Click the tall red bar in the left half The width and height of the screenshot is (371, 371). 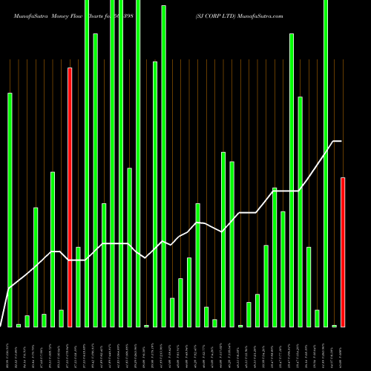click(70, 197)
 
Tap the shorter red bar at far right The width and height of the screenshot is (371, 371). click(343, 252)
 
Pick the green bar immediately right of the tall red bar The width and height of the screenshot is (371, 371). click(78, 286)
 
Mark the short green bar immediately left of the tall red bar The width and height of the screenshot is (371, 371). click(61, 318)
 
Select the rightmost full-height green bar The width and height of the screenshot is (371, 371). click(326, 163)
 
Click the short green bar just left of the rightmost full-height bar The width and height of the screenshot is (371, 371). click(317, 318)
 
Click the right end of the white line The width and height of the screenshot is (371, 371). click(341, 141)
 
